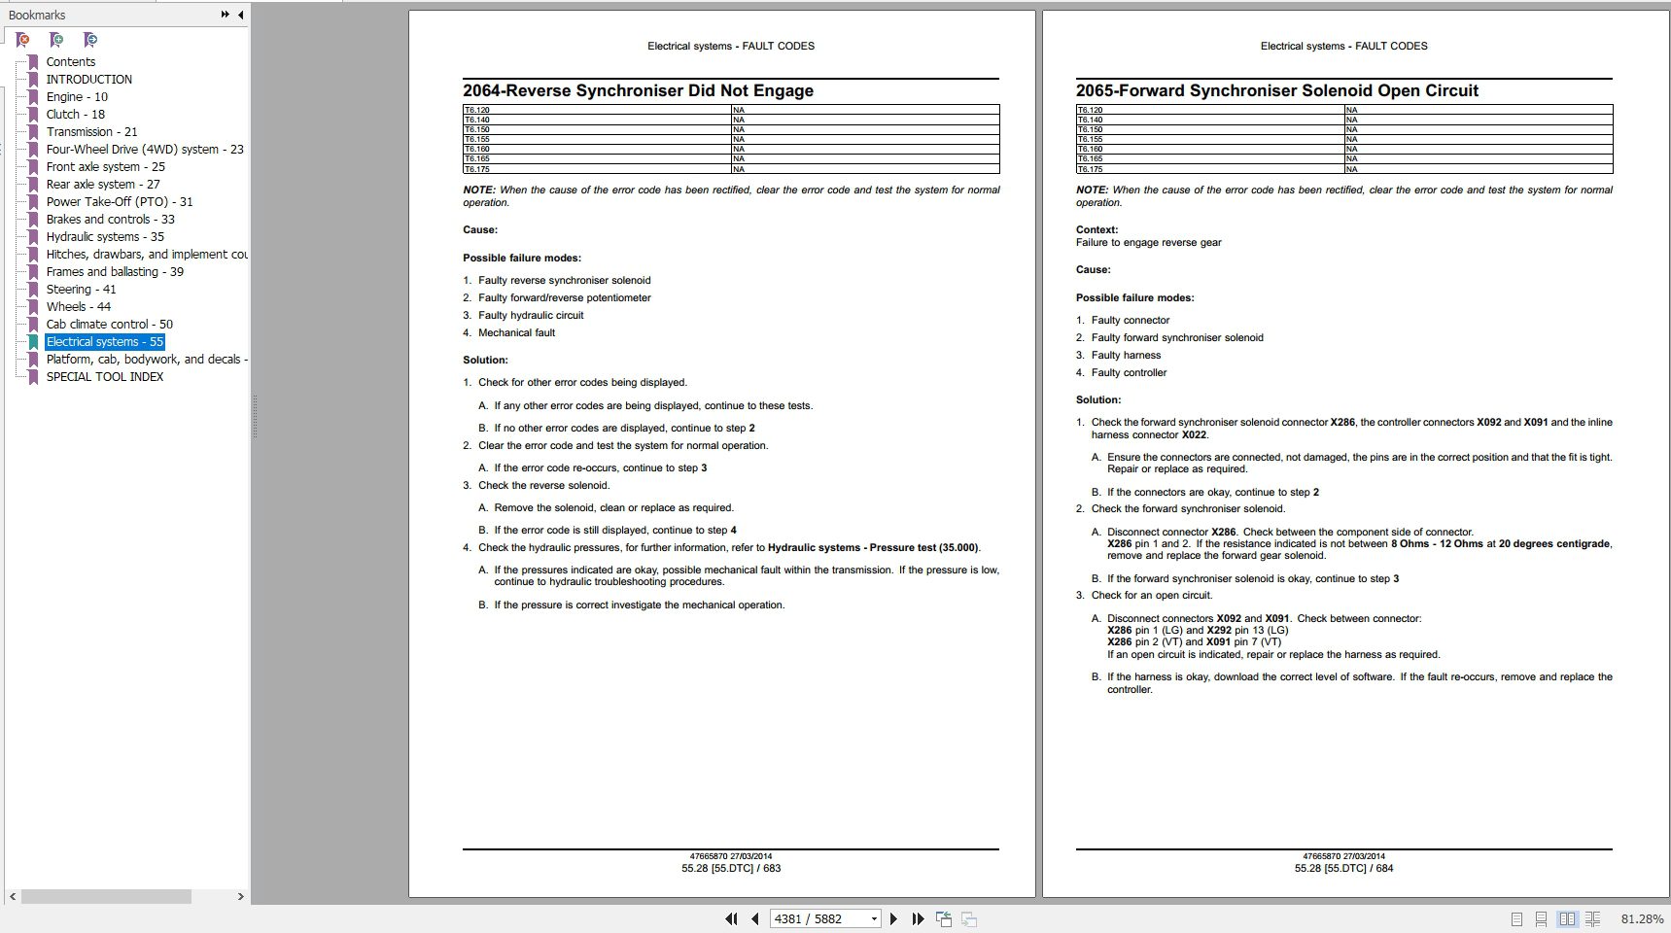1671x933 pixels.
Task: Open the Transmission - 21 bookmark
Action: (x=91, y=132)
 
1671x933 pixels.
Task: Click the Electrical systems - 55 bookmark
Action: (x=104, y=342)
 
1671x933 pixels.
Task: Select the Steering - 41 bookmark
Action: (x=81, y=290)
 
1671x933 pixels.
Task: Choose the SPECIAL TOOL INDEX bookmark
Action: (x=104, y=377)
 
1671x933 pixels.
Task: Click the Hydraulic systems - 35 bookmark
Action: (x=105, y=237)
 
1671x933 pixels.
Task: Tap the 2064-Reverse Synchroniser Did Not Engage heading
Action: (x=638, y=91)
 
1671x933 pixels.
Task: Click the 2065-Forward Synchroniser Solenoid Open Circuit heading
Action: (x=1276, y=91)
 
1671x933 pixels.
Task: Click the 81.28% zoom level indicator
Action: (x=1642, y=918)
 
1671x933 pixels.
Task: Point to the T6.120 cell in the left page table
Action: (x=476, y=110)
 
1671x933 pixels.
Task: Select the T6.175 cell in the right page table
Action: (x=1090, y=169)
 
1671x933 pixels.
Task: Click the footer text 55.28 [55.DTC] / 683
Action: (x=731, y=868)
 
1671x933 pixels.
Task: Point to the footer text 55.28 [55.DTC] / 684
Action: (x=1343, y=868)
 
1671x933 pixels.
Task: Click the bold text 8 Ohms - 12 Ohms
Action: (x=1437, y=544)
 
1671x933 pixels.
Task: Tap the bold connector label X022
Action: (x=1194, y=434)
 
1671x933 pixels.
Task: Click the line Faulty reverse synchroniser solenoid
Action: (x=564, y=280)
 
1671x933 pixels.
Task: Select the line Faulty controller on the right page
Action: (x=1129, y=372)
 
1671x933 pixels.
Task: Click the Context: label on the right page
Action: (x=1097, y=230)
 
